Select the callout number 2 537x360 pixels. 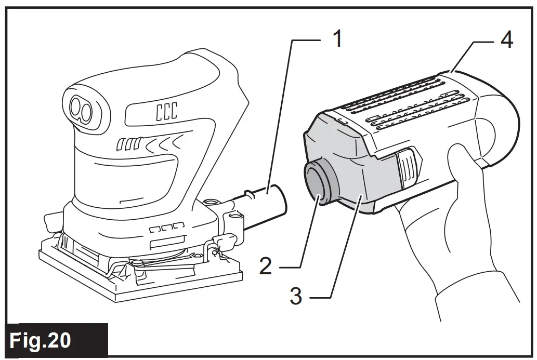pos(266,266)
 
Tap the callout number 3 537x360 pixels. pos(296,297)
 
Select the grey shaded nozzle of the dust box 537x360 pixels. pos(353,177)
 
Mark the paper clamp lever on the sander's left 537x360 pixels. pos(55,221)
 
